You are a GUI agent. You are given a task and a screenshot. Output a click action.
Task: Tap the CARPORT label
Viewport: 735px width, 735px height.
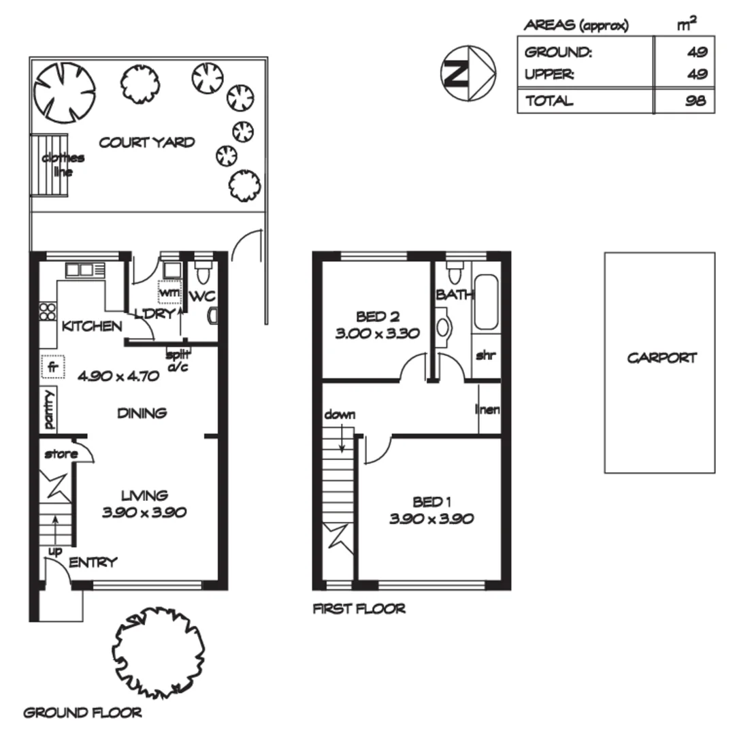point(661,358)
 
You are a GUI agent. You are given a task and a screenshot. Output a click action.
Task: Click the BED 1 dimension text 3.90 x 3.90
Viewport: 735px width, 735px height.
point(431,519)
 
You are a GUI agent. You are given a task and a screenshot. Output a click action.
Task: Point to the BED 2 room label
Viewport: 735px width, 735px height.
point(377,316)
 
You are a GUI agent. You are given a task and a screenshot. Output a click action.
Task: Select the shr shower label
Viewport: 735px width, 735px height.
point(485,355)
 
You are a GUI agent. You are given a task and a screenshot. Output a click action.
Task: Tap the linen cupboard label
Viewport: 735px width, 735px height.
point(488,410)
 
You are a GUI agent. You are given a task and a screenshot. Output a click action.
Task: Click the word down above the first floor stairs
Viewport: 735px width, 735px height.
point(340,414)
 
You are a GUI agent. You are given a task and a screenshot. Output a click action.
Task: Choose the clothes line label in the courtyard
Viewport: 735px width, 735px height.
point(63,165)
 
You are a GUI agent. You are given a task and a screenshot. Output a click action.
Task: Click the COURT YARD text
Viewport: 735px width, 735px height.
point(147,142)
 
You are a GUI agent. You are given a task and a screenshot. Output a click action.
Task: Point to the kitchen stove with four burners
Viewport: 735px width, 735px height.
point(48,312)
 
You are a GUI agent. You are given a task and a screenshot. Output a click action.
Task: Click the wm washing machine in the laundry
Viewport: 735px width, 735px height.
point(168,292)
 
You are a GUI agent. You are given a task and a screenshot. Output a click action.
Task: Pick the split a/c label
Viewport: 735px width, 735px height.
point(178,360)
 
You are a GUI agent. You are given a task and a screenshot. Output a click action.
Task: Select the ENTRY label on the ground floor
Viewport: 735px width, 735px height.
point(93,562)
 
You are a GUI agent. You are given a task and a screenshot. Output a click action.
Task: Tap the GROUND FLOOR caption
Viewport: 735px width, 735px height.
point(83,713)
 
